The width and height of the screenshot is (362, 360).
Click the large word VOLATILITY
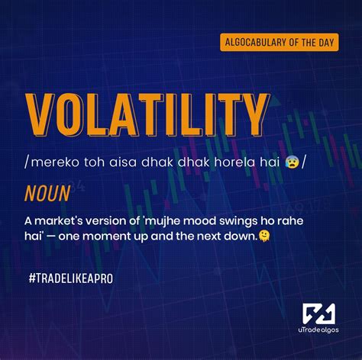click(147, 114)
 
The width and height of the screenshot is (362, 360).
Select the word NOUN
click(47, 194)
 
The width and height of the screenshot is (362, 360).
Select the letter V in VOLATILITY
click(41, 114)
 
